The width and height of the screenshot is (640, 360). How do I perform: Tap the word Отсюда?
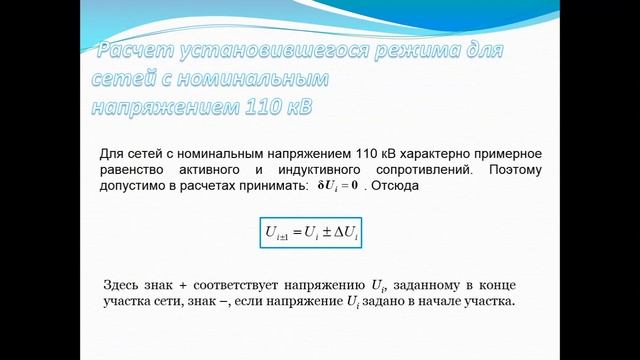[x=406, y=186]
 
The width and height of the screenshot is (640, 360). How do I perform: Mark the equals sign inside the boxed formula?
[x=294, y=233]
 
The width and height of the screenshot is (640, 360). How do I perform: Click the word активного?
[x=238, y=170]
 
